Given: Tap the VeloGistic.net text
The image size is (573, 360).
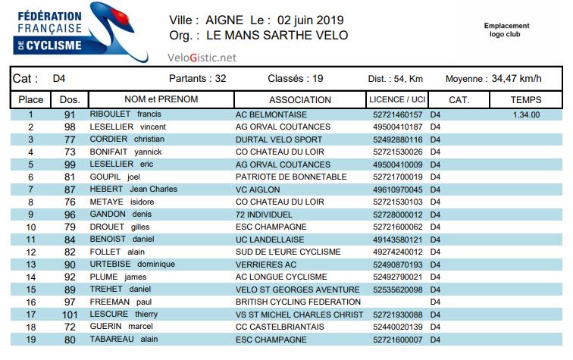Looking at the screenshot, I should pos(202,57).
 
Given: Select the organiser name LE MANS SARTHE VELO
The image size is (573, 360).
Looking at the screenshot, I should pos(277,36).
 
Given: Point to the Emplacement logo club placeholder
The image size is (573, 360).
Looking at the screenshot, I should pos(506,30).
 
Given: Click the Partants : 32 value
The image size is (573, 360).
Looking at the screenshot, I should pos(197,78).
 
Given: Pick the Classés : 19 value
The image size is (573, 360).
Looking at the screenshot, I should pos(296,78).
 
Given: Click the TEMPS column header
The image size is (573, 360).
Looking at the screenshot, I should pos(526,99).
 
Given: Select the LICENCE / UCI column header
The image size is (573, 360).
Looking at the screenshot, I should pos(396,99).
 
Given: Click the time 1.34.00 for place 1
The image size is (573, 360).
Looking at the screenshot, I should pos(526,115).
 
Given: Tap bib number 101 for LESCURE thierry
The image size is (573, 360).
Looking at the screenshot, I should pos(70,315).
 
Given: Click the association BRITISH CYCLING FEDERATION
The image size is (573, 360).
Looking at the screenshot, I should pos(298,302).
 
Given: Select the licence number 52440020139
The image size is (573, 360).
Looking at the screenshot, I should pos(398,327).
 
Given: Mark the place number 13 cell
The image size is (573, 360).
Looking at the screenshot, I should pos(31,265).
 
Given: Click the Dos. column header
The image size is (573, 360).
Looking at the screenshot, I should pos(70,99).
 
